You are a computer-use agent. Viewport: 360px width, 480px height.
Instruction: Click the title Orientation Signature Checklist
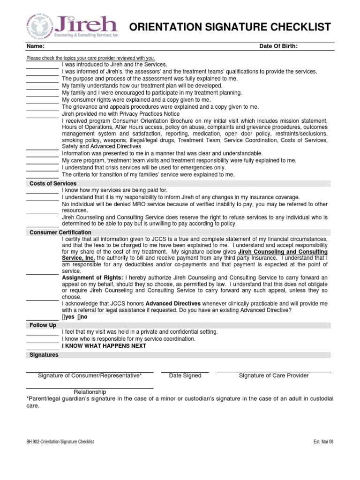click(x=230, y=27)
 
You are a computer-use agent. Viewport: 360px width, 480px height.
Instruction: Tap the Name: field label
click(x=36, y=46)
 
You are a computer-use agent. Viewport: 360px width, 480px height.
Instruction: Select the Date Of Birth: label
click(x=278, y=46)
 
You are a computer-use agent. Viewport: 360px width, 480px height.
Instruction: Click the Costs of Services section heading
click(x=53, y=183)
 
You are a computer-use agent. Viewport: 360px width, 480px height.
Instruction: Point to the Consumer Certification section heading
click(x=60, y=232)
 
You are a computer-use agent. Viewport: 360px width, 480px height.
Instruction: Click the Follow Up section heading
click(x=43, y=325)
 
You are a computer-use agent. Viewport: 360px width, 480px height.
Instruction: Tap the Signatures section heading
click(x=44, y=355)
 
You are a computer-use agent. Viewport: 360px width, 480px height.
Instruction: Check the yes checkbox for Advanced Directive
click(x=64, y=317)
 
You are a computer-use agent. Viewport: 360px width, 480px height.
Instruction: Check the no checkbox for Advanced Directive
click(x=78, y=317)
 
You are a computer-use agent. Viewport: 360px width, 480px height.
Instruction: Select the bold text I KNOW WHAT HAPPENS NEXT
click(x=104, y=346)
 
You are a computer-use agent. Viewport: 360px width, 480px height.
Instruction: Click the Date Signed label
click(x=185, y=375)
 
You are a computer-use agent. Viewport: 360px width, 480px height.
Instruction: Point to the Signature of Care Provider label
click(x=274, y=375)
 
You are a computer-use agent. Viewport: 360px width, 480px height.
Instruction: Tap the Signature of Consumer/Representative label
click(x=90, y=375)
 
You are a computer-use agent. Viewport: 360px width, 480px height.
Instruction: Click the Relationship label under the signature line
click(x=90, y=392)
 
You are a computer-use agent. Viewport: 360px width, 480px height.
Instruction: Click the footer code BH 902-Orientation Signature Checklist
click(x=60, y=442)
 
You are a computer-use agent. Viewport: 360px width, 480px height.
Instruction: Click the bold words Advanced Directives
click(x=173, y=303)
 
